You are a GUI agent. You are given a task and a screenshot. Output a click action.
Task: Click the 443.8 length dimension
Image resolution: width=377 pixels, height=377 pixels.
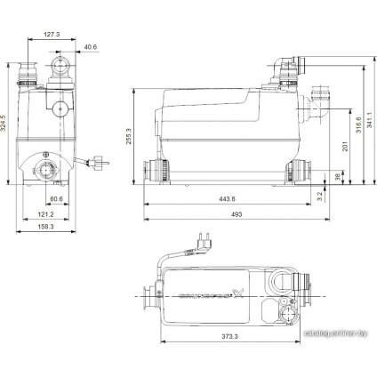(226, 197)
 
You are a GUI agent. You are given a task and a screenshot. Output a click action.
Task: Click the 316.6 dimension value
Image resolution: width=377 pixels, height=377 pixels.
(357, 130)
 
